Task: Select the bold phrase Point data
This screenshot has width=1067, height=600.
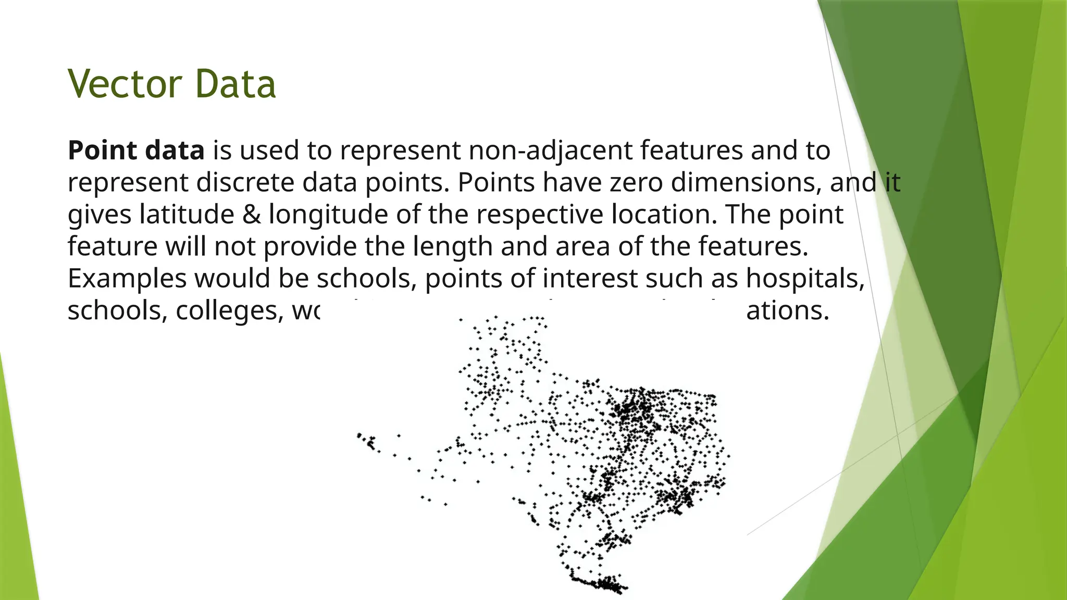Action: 136,151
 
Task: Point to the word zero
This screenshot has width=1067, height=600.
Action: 636,183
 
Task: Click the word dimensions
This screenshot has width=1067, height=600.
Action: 746,183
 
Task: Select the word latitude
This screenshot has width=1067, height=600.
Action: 187,215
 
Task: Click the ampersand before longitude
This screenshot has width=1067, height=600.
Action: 252,215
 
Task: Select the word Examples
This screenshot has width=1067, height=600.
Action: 127,279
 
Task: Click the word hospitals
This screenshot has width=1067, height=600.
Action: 805,279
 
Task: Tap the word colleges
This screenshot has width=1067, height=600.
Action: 229,311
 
